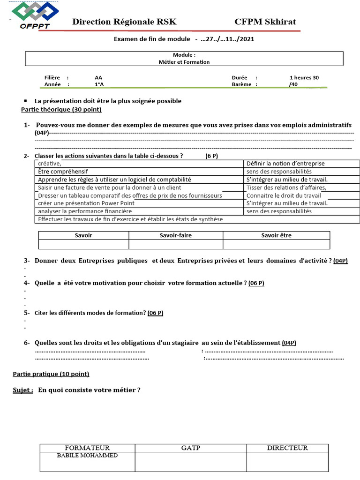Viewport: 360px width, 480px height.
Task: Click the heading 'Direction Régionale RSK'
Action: (x=124, y=22)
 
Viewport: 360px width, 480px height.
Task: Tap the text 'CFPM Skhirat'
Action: (x=265, y=22)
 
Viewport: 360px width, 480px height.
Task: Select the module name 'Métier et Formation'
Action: (x=184, y=61)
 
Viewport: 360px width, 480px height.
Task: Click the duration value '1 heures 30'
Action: (x=305, y=77)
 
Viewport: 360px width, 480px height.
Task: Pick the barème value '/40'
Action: (x=293, y=84)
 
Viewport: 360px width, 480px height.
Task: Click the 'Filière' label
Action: (x=53, y=77)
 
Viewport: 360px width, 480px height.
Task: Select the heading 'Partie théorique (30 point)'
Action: (x=61, y=109)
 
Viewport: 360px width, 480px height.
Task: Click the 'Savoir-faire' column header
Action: (x=176, y=235)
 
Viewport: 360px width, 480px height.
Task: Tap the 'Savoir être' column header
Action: (x=276, y=235)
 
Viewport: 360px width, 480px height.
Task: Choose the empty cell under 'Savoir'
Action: (x=83, y=244)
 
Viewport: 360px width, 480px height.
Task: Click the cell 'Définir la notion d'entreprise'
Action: (x=285, y=164)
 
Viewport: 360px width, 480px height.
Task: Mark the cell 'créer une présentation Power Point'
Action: (x=86, y=203)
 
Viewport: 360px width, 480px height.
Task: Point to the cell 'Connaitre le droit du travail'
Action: (x=284, y=195)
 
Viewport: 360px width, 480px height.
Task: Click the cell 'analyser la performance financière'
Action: (x=85, y=211)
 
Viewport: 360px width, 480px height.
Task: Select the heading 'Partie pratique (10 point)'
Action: (x=51, y=374)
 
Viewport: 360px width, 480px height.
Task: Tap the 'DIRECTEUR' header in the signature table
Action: (x=287, y=448)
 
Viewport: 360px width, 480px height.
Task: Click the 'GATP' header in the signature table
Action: (x=191, y=448)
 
